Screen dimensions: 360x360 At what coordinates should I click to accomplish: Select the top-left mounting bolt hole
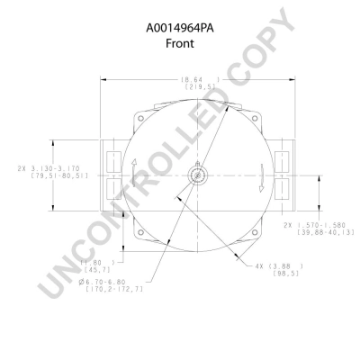(143, 120)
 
